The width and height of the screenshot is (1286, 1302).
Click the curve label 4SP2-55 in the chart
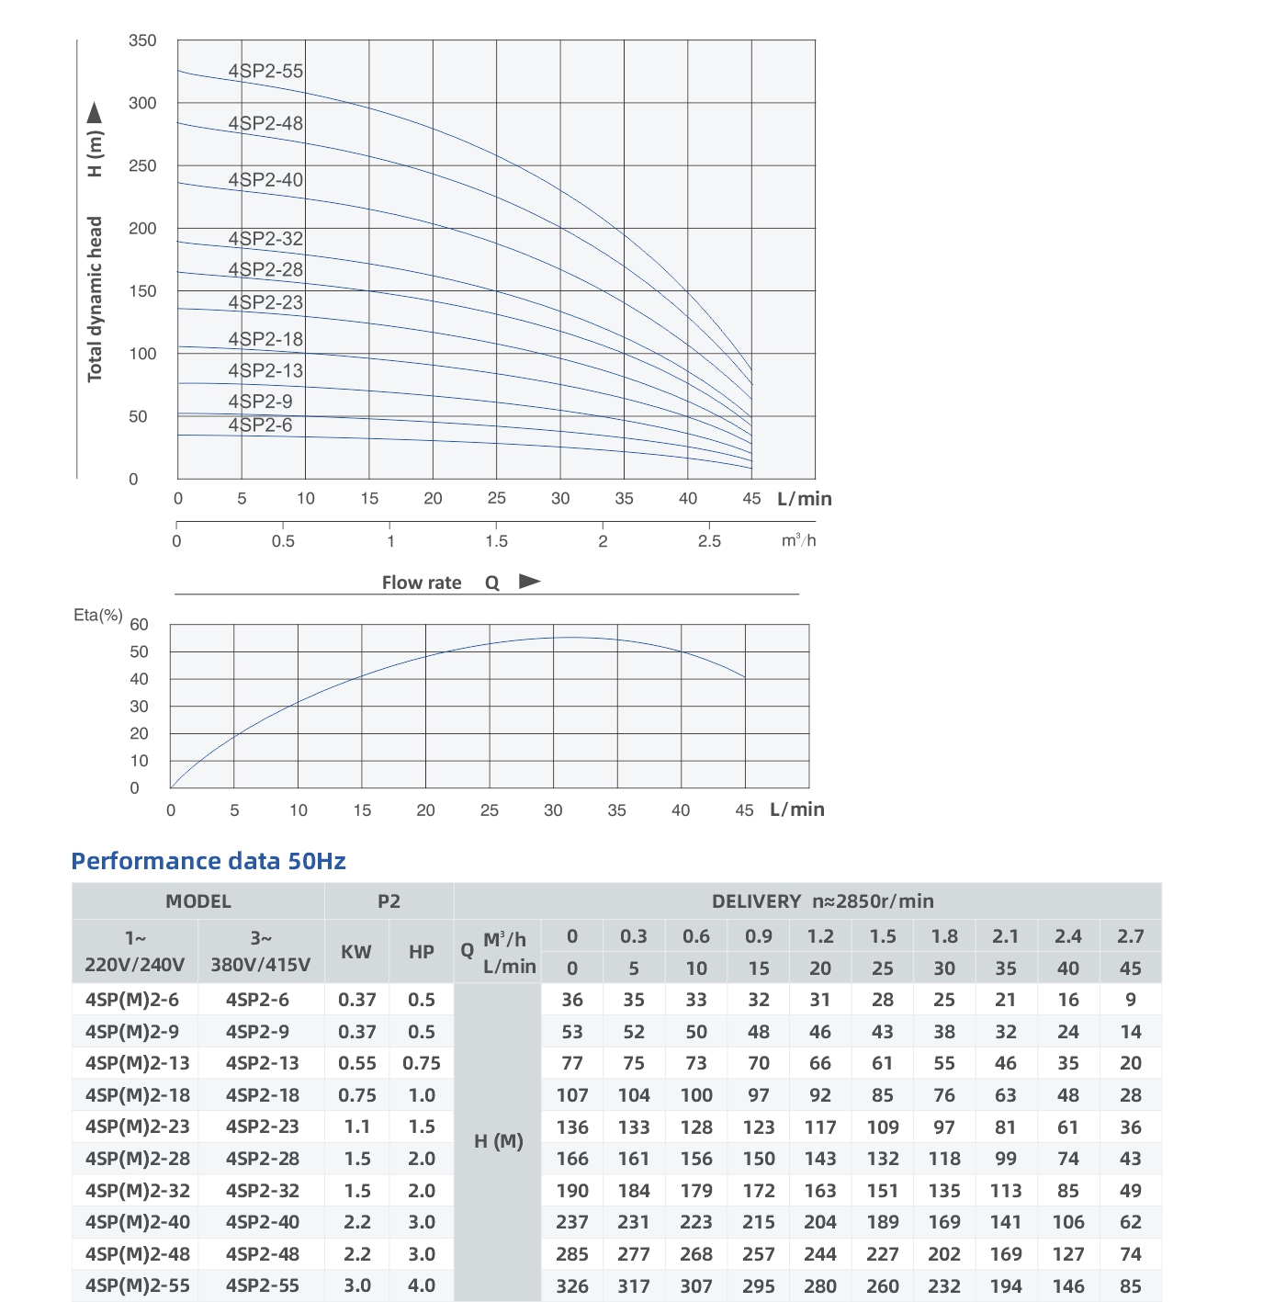click(265, 71)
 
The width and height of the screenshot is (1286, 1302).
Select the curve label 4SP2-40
click(265, 180)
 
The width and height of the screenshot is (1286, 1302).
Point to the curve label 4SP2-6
click(260, 425)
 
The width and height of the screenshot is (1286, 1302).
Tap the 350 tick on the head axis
click(142, 40)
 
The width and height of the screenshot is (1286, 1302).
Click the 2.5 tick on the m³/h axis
click(709, 541)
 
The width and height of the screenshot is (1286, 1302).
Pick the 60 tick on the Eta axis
click(139, 625)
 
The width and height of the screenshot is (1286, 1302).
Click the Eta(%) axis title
click(97, 615)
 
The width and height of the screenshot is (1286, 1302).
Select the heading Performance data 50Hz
click(209, 861)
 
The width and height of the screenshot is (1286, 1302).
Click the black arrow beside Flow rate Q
click(530, 581)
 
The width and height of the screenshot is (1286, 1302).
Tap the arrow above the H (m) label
click(95, 113)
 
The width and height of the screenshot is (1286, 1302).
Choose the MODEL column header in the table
click(198, 901)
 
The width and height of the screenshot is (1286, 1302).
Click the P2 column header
click(389, 901)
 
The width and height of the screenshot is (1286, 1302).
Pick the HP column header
click(422, 952)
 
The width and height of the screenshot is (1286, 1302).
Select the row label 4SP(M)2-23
click(137, 1127)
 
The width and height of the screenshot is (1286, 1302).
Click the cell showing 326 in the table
click(572, 1285)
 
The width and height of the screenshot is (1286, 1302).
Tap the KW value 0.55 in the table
click(356, 1063)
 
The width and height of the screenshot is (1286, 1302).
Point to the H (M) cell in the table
click(498, 1141)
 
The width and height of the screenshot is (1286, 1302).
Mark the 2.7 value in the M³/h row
click(1131, 936)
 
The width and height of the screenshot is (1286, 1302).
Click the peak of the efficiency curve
click(570, 637)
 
